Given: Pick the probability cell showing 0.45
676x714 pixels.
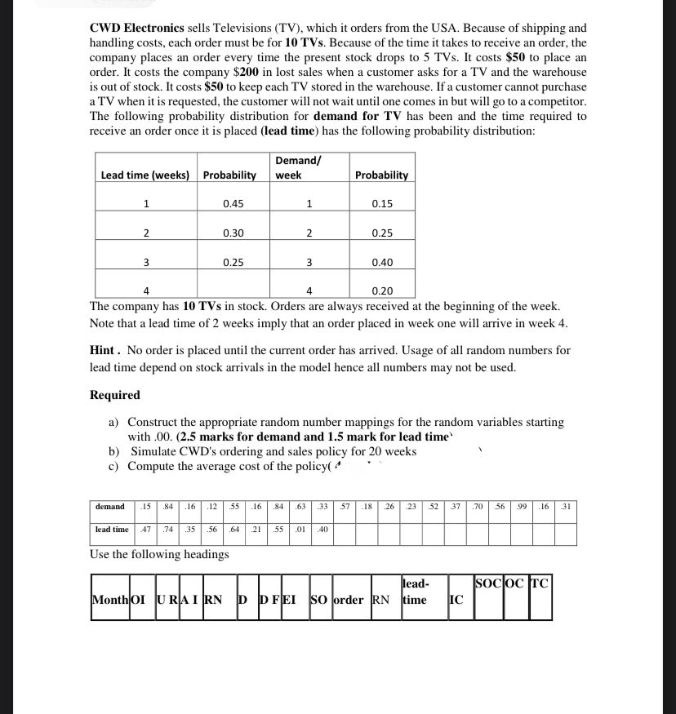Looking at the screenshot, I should point(233,204).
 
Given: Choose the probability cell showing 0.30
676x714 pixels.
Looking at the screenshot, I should point(233,233).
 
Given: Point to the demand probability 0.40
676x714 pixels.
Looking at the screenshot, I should point(381,263).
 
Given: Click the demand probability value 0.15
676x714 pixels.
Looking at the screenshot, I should point(381,204).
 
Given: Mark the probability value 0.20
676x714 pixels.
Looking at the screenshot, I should point(381,291).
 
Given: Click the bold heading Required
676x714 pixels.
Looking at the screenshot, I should point(115,395).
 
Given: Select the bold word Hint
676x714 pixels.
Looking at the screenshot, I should point(105,350).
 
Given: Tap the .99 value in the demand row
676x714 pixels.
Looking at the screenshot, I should point(521,507).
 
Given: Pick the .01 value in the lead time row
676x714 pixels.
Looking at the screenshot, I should point(300,530).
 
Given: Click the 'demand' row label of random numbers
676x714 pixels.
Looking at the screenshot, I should point(110,507).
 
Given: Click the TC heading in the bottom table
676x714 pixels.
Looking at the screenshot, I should point(539,583).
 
